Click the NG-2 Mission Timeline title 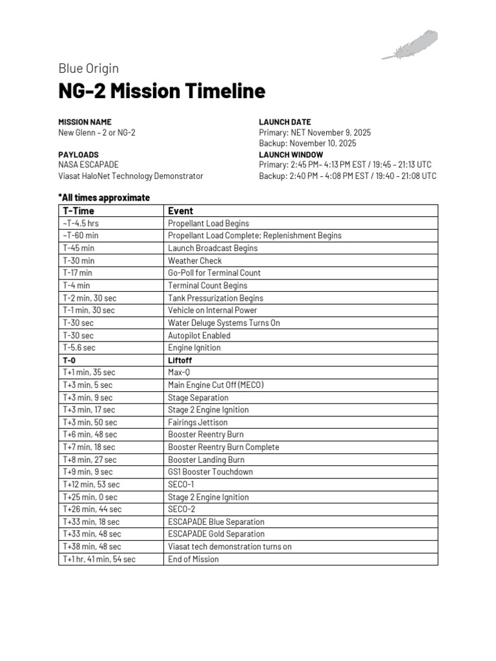[x=161, y=91]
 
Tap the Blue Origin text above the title [x=88, y=68]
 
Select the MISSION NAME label [x=85, y=122]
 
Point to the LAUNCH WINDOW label [x=291, y=155]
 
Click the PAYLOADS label [x=79, y=155]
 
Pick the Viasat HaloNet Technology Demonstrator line [x=130, y=176]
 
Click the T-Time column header [x=78, y=210]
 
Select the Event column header [x=180, y=210]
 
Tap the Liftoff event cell [x=180, y=360]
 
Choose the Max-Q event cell [x=180, y=372]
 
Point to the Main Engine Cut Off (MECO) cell [x=216, y=385]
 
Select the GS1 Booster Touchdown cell [x=211, y=472]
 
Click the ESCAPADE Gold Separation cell [x=216, y=534]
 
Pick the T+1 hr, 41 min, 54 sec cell [x=99, y=559]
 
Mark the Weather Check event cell [x=194, y=261]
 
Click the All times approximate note [x=104, y=197]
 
